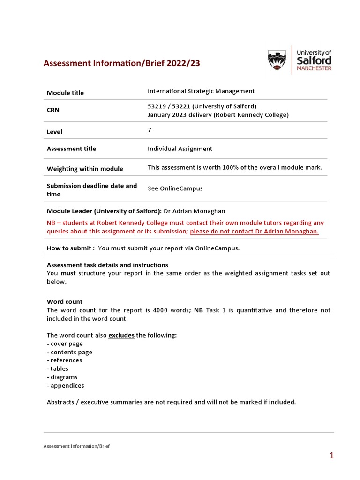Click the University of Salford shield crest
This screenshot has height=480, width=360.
point(277,61)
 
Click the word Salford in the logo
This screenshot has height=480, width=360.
point(314,60)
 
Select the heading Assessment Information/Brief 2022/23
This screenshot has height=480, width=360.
point(121,63)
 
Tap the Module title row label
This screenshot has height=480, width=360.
point(65,93)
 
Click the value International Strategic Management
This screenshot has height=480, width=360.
point(201,91)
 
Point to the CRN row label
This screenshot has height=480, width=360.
point(53,110)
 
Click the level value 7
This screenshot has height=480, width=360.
point(150,130)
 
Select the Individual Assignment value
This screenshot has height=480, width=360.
point(180,149)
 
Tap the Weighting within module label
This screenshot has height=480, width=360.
point(85,169)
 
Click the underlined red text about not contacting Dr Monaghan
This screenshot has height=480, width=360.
point(254,232)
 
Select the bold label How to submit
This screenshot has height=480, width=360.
point(70,248)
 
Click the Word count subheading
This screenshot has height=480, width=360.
point(65,301)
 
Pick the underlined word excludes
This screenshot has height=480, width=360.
point(121,336)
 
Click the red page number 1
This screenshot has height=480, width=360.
point(331,455)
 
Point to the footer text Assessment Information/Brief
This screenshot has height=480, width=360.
point(76,446)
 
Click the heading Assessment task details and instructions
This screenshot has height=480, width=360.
point(107,265)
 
